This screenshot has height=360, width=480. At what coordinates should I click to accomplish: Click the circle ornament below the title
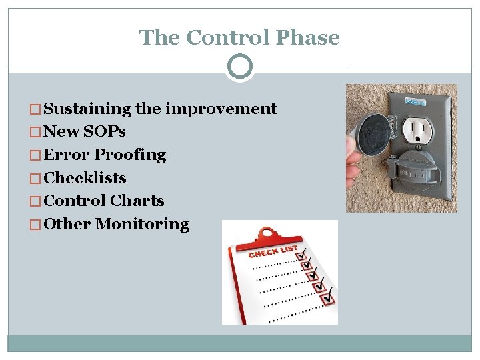click(240, 67)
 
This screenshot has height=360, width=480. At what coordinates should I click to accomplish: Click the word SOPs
click(105, 131)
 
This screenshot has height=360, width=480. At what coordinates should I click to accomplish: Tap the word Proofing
click(130, 155)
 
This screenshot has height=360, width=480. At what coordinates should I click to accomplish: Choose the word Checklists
click(85, 178)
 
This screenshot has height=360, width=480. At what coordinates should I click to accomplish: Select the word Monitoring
click(142, 224)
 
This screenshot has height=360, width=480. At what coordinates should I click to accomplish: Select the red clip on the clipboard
click(267, 233)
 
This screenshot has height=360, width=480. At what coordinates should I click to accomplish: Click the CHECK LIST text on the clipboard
click(273, 251)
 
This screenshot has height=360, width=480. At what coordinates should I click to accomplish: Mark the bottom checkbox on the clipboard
click(327, 300)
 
